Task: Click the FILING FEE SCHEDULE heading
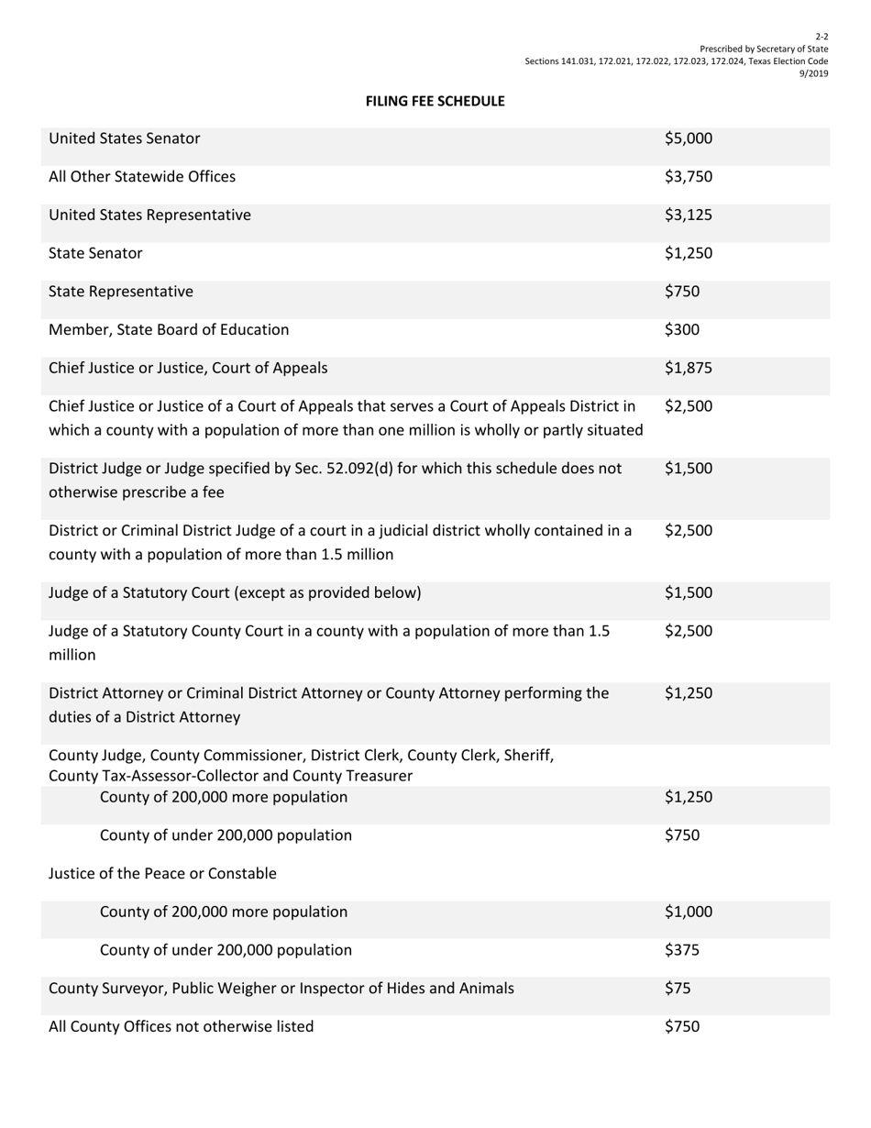pos(435,101)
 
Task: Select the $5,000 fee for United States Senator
pos(688,139)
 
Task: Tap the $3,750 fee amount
pos(688,177)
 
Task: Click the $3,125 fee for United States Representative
pos(688,216)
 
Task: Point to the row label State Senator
pos(95,253)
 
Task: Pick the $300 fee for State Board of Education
pos(681,329)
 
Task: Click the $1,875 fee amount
pos(688,369)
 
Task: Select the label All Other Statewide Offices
pos(141,177)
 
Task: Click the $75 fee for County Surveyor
pos(678,989)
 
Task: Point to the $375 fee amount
pos(681,950)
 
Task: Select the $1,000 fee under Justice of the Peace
pos(688,912)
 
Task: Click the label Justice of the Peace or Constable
pos(162,874)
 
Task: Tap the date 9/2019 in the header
pos(814,74)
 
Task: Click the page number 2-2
pos(822,36)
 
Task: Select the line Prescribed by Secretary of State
pos(764,49)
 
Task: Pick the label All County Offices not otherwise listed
pos(181,1027)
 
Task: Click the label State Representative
pos(120,292)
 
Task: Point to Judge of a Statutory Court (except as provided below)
pos(235,592)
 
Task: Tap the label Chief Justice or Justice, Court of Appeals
pos(187,369)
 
